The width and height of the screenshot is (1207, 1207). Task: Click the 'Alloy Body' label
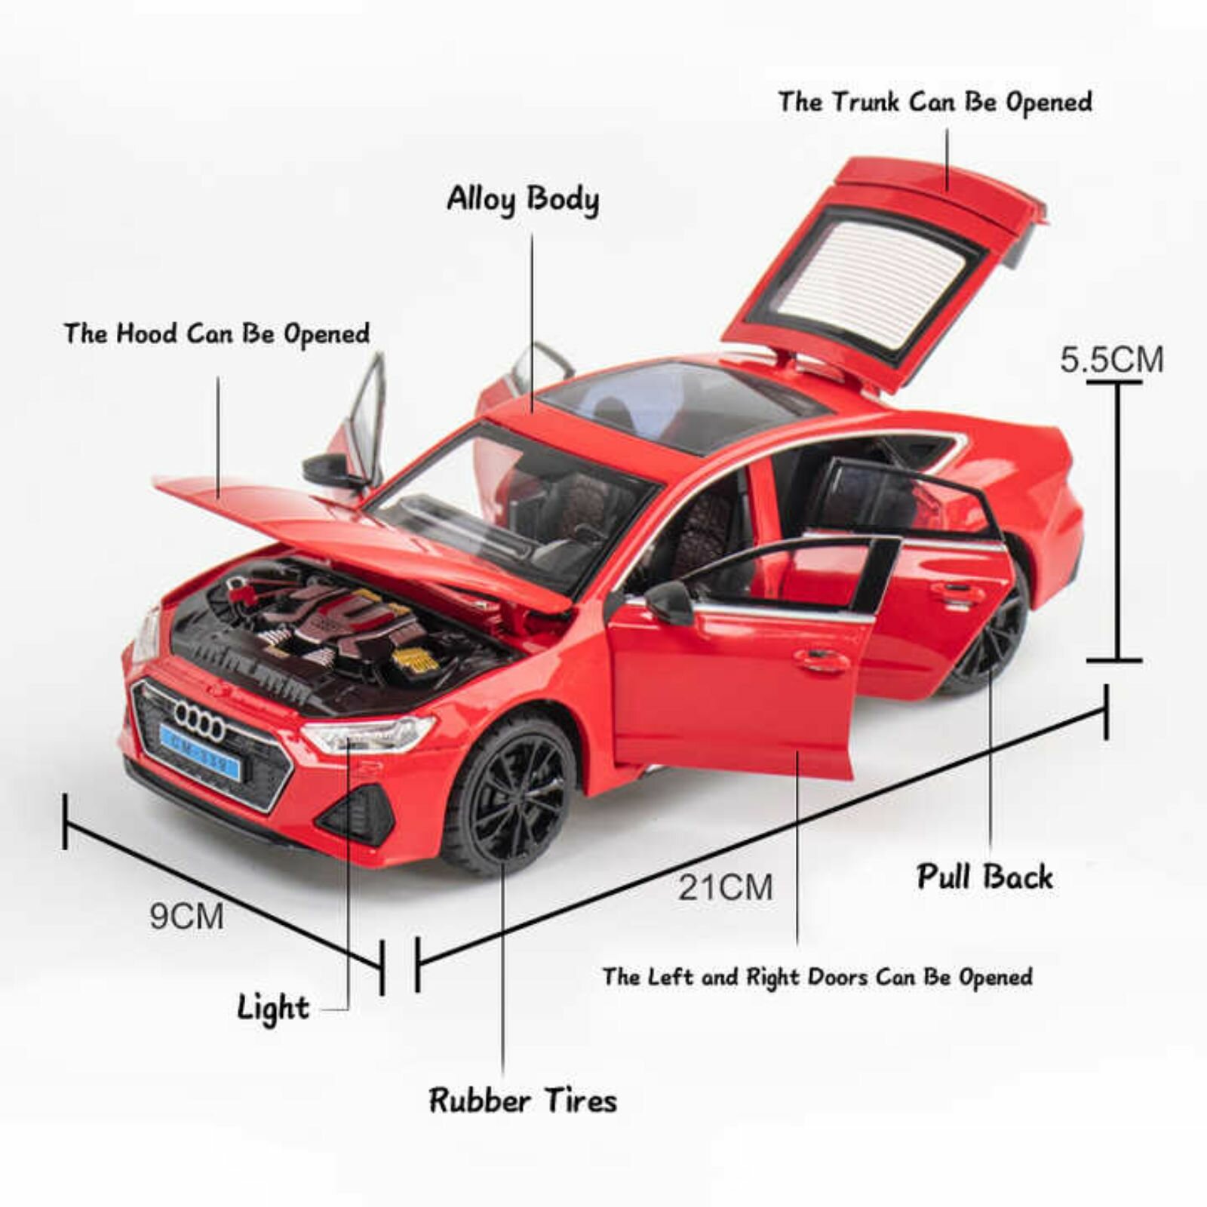point(523,199)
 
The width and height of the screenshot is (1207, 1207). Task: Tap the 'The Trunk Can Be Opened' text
point(935,102)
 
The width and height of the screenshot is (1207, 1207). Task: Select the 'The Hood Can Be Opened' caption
point(217,333)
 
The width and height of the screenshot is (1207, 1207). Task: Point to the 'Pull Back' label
point(984,877)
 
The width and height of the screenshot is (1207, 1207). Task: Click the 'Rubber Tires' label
point(523,1100)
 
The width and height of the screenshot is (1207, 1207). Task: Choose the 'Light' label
point(273,1008)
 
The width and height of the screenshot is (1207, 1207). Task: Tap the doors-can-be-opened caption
point(818,977)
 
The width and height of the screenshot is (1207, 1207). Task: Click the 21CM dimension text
point(725,887)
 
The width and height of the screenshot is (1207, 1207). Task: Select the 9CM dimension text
point(186,917)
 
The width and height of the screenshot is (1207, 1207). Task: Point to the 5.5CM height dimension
point(1112,359)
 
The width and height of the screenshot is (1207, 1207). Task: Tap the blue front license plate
point(200,751)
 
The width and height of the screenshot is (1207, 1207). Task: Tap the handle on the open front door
point(822,661)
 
